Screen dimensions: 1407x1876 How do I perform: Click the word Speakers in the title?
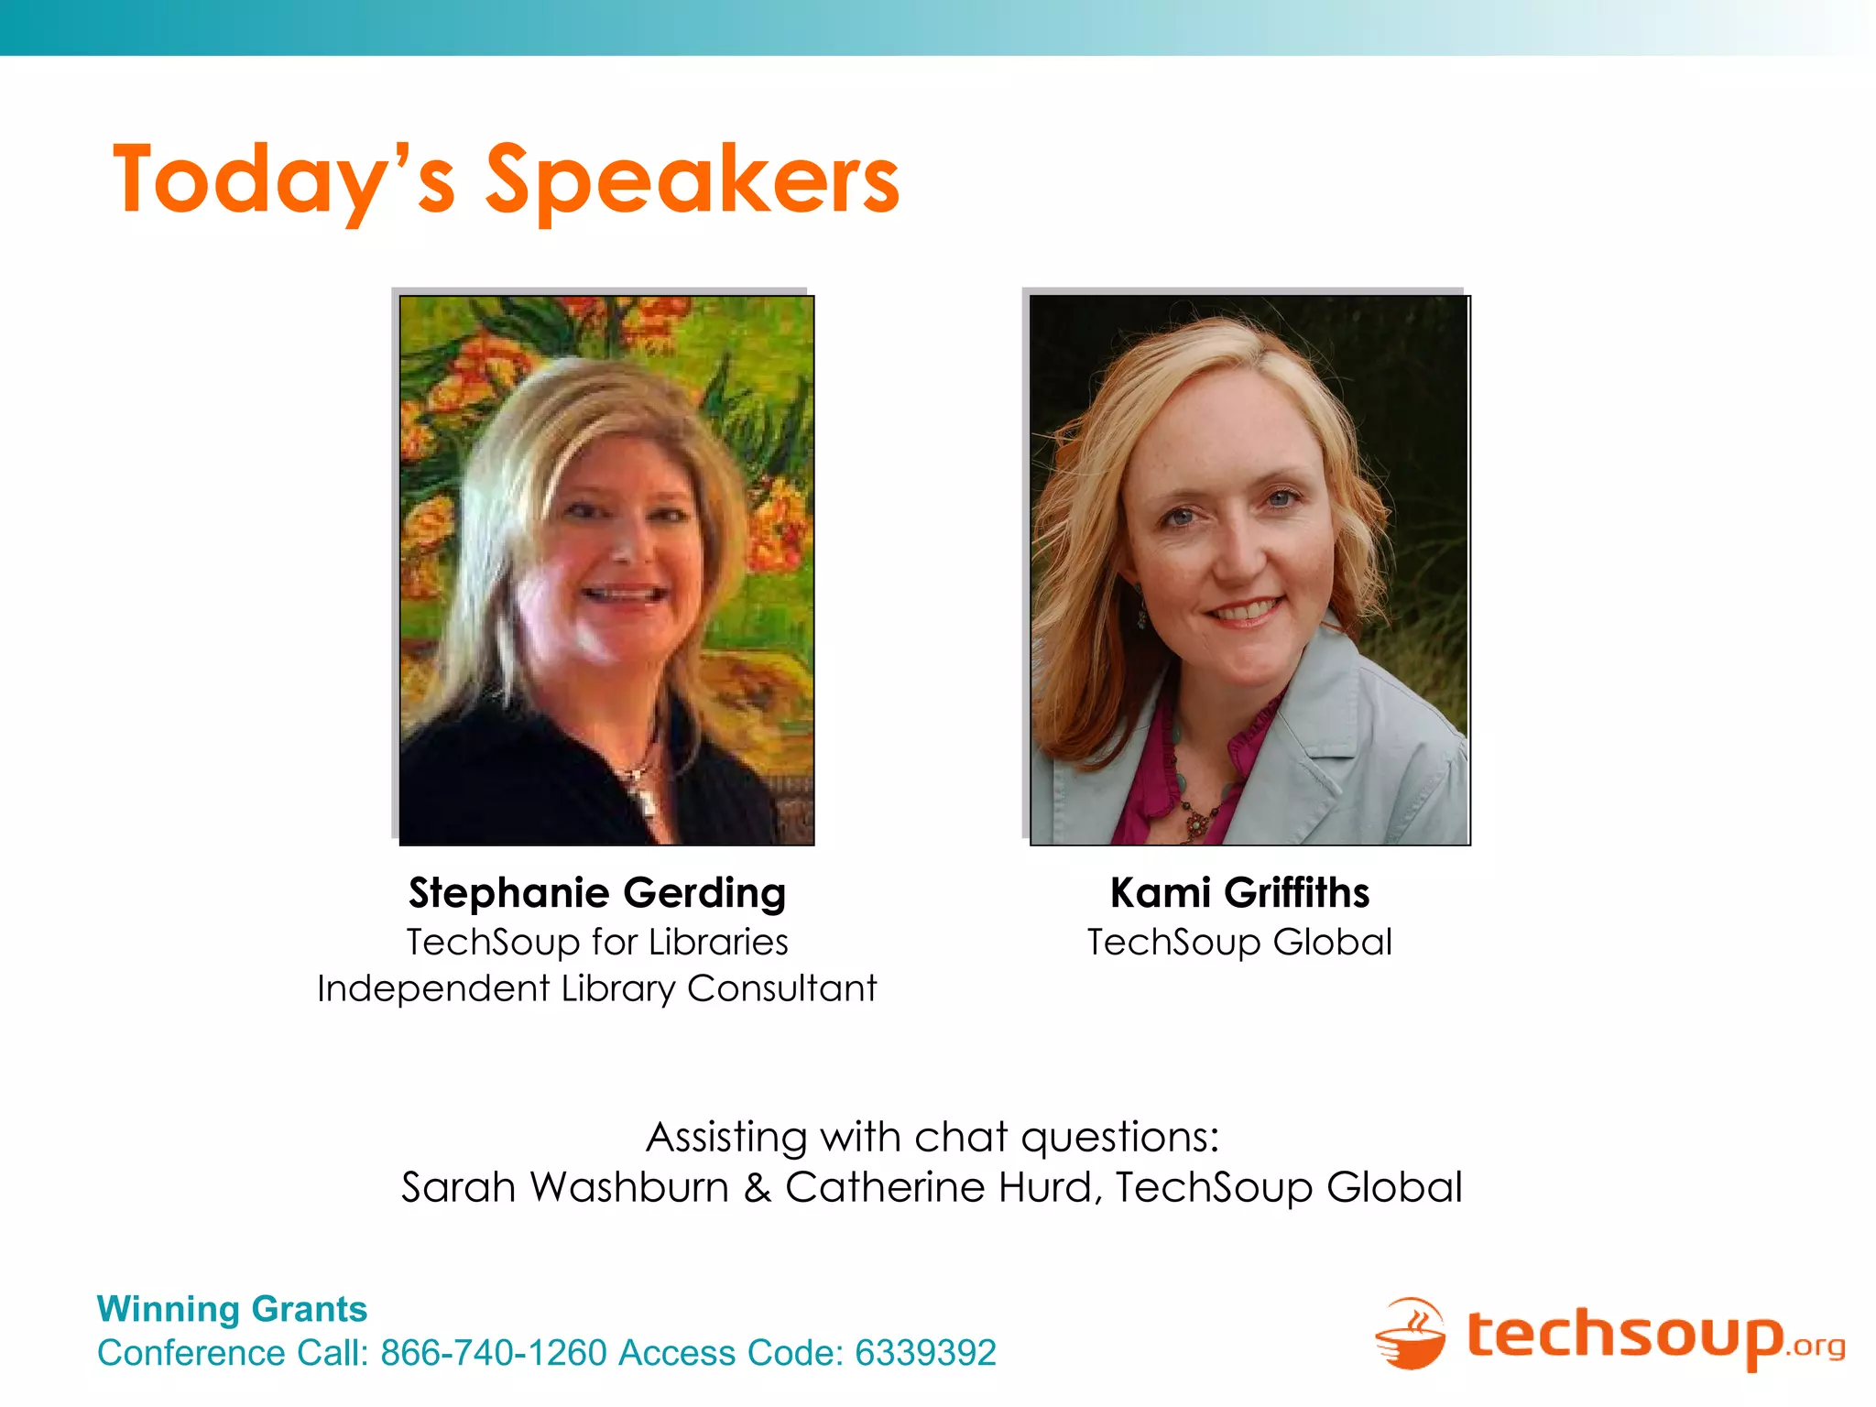point(692,180)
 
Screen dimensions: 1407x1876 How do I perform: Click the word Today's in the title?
point(284,180)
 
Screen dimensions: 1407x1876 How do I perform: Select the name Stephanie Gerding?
point(597,893)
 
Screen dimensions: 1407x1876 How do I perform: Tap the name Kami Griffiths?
point(1239,893)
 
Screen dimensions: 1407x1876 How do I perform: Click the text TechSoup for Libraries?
point(597,943)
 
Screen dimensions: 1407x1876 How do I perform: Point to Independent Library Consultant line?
point(597,989)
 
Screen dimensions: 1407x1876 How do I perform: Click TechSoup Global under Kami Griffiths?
point(1239,943)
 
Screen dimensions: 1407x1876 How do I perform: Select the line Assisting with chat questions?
point(933,1138)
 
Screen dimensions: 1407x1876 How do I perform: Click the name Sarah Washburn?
point(564,1188)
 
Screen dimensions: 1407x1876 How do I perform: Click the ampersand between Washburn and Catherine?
point(757,1188)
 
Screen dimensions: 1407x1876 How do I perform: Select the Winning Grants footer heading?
point(232,1309)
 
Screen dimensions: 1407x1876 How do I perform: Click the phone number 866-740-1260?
point(494,1353)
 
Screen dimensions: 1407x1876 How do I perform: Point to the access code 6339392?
point(925,1353)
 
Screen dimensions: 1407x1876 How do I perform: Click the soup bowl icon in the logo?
point(1411,1335)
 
